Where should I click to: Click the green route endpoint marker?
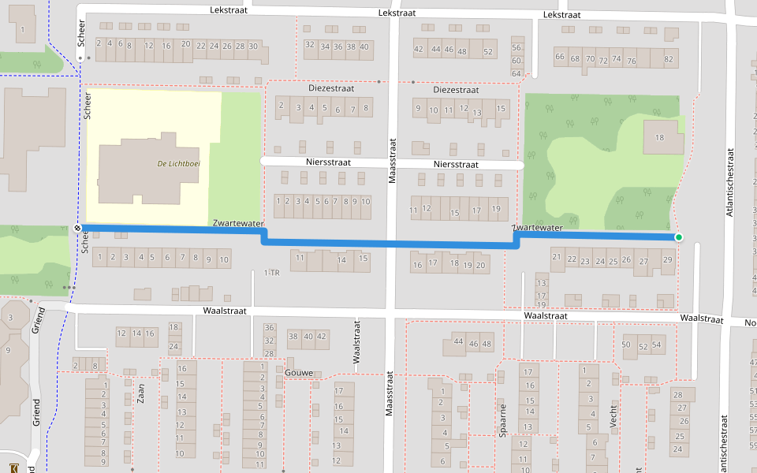pos(678,236)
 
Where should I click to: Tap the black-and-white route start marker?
pos(78,228)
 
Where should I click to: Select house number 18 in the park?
pos(658,138)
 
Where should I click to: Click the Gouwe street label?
pos(300,372)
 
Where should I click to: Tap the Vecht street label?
pos(613,415)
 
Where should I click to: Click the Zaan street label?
pos(141,392)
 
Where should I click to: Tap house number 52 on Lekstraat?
pos(488,52)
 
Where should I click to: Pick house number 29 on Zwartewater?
pos(667,260)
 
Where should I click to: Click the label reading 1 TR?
pos(272,273)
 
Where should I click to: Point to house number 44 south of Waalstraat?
pos(459,341)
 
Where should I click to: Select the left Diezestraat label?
pos(331,88)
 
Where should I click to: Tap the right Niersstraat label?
pos(456,165)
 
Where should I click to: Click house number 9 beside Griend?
pos(8,350)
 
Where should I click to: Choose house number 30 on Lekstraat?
pos(253,47)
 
